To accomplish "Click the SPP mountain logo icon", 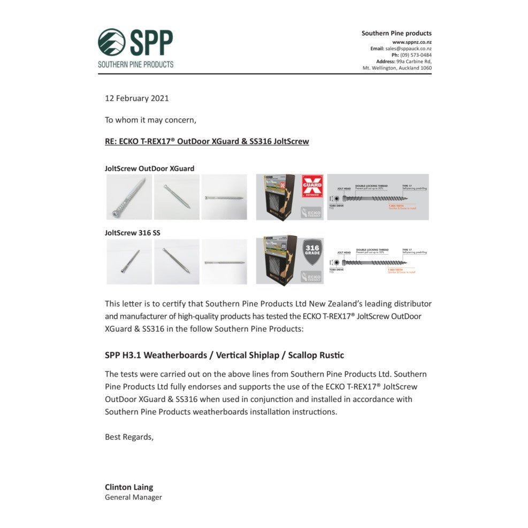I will click(111, 42).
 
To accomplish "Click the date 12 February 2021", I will click(136, 98).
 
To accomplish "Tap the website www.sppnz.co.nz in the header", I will click(412, 42).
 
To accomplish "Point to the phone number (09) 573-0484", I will click(419, 55).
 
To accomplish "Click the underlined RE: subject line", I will click(206, 142).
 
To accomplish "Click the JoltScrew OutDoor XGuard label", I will click(149, 169).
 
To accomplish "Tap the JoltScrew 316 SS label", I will click(132, 233).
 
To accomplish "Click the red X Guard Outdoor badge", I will click(312, 187).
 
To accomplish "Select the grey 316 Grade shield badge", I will click(312, 252).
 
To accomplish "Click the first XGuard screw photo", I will click(129, 197).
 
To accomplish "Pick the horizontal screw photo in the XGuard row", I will click(224, 197).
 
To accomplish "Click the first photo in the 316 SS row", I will click(129, 262).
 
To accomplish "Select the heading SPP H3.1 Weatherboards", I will click(224, 355).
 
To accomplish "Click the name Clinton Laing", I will click(129, 487).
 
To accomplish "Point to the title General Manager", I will click(133, 498).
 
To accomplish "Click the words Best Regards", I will click(129, 437).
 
